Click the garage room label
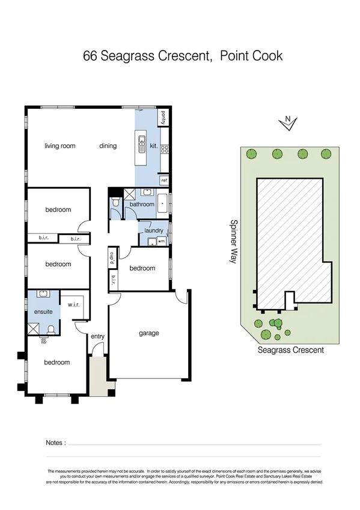coord(149,333)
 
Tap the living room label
coord(60,146)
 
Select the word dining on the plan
coord(108,146)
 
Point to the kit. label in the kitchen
coord(153,146)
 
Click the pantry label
coord(163,117)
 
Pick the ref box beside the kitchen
coord(164,180)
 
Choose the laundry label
coord(154,230)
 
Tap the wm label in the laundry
coord(161,241)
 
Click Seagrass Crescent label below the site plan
coord(290,350)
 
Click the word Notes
coord(55,443)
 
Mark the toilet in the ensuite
coord(52,330)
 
